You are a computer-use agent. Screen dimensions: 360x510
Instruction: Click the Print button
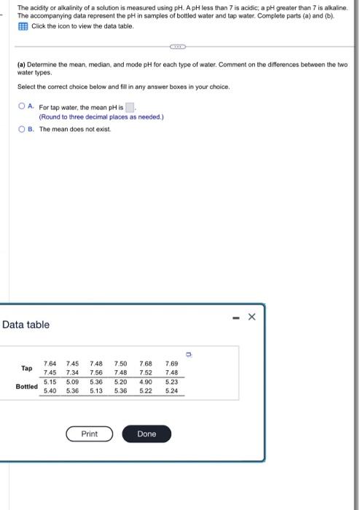click(x=90, y=433)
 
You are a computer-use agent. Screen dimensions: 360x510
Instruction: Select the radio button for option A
click(x=23, y=106)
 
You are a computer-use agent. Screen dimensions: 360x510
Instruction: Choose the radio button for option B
click(x=23, y=129)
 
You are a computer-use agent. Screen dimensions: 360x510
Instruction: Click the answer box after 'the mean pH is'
click(x=130, y=107)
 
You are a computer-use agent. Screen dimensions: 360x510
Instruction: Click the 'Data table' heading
click(x=27, y=324)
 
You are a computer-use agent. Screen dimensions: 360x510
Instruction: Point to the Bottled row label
click(x=27, y=386)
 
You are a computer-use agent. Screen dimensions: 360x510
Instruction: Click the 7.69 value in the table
click(x=171, y=363)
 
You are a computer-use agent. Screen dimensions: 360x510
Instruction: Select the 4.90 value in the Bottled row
click(x=146, y=381)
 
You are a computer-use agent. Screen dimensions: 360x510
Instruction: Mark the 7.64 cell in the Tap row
click(x=50, y=363)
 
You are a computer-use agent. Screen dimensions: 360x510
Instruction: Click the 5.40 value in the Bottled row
click(x=50, y=391)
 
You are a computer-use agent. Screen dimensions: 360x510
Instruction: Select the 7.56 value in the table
click(x=96, y=372)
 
